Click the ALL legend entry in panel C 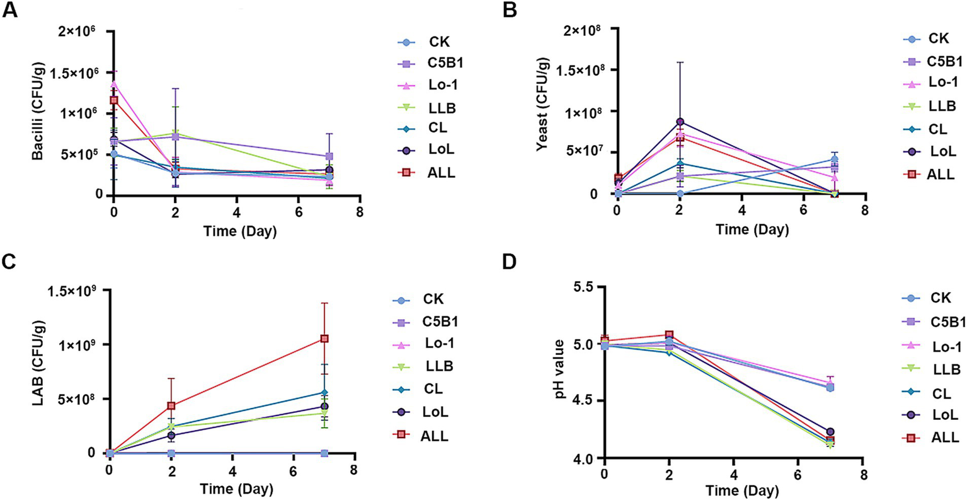pyautogui.click(x=434, y=435)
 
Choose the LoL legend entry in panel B pyautogui.click(x=942, y=151)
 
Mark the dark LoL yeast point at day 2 pyautogui.click(x=680, y=122)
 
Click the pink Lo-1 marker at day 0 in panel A pyautogui.click(x=114, y=83)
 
